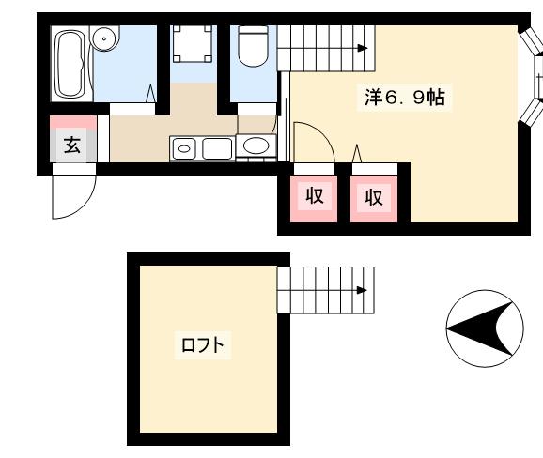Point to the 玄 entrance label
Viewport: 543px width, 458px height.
pos(72,145)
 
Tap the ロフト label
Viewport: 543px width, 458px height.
pos(202,345)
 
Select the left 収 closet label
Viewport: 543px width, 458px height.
pos(315,197)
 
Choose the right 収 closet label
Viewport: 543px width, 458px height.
pos(374,197)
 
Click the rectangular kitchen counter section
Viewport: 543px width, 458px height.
pos(216,148)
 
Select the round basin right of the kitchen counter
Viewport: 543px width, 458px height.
pos(254,146)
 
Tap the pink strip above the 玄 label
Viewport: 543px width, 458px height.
pos(72,123)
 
